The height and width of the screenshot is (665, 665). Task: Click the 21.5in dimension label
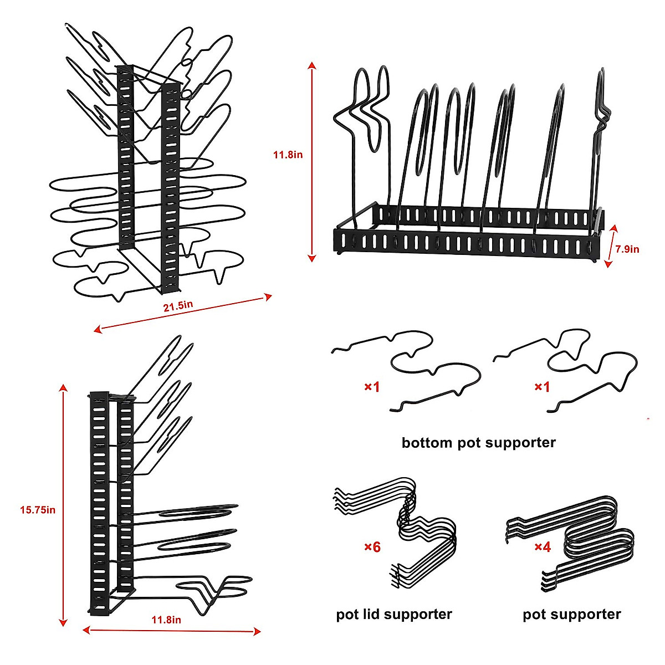178,305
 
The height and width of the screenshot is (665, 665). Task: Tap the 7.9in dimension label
627,249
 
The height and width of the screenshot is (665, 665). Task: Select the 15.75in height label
38,509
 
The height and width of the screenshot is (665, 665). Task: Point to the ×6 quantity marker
372,547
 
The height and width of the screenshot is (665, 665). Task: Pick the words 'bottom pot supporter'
478,443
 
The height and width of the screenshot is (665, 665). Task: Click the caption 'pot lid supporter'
394,614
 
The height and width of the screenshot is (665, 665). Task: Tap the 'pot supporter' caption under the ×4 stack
571,614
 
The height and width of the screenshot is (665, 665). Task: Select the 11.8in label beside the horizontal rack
288,155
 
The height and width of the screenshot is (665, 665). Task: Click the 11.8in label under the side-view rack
166,620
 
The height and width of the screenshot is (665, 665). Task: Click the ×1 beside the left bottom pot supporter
372,386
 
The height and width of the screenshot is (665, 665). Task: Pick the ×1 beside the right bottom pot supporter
541,386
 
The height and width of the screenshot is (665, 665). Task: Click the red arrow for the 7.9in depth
612,247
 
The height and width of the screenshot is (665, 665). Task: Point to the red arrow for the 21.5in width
183,314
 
